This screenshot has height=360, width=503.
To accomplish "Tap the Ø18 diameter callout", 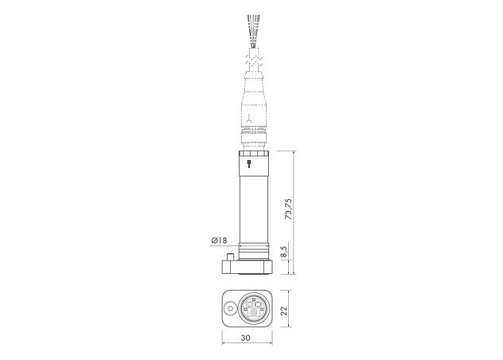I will click(220, 240).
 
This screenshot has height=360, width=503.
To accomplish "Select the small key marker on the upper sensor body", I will click(250, 165).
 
